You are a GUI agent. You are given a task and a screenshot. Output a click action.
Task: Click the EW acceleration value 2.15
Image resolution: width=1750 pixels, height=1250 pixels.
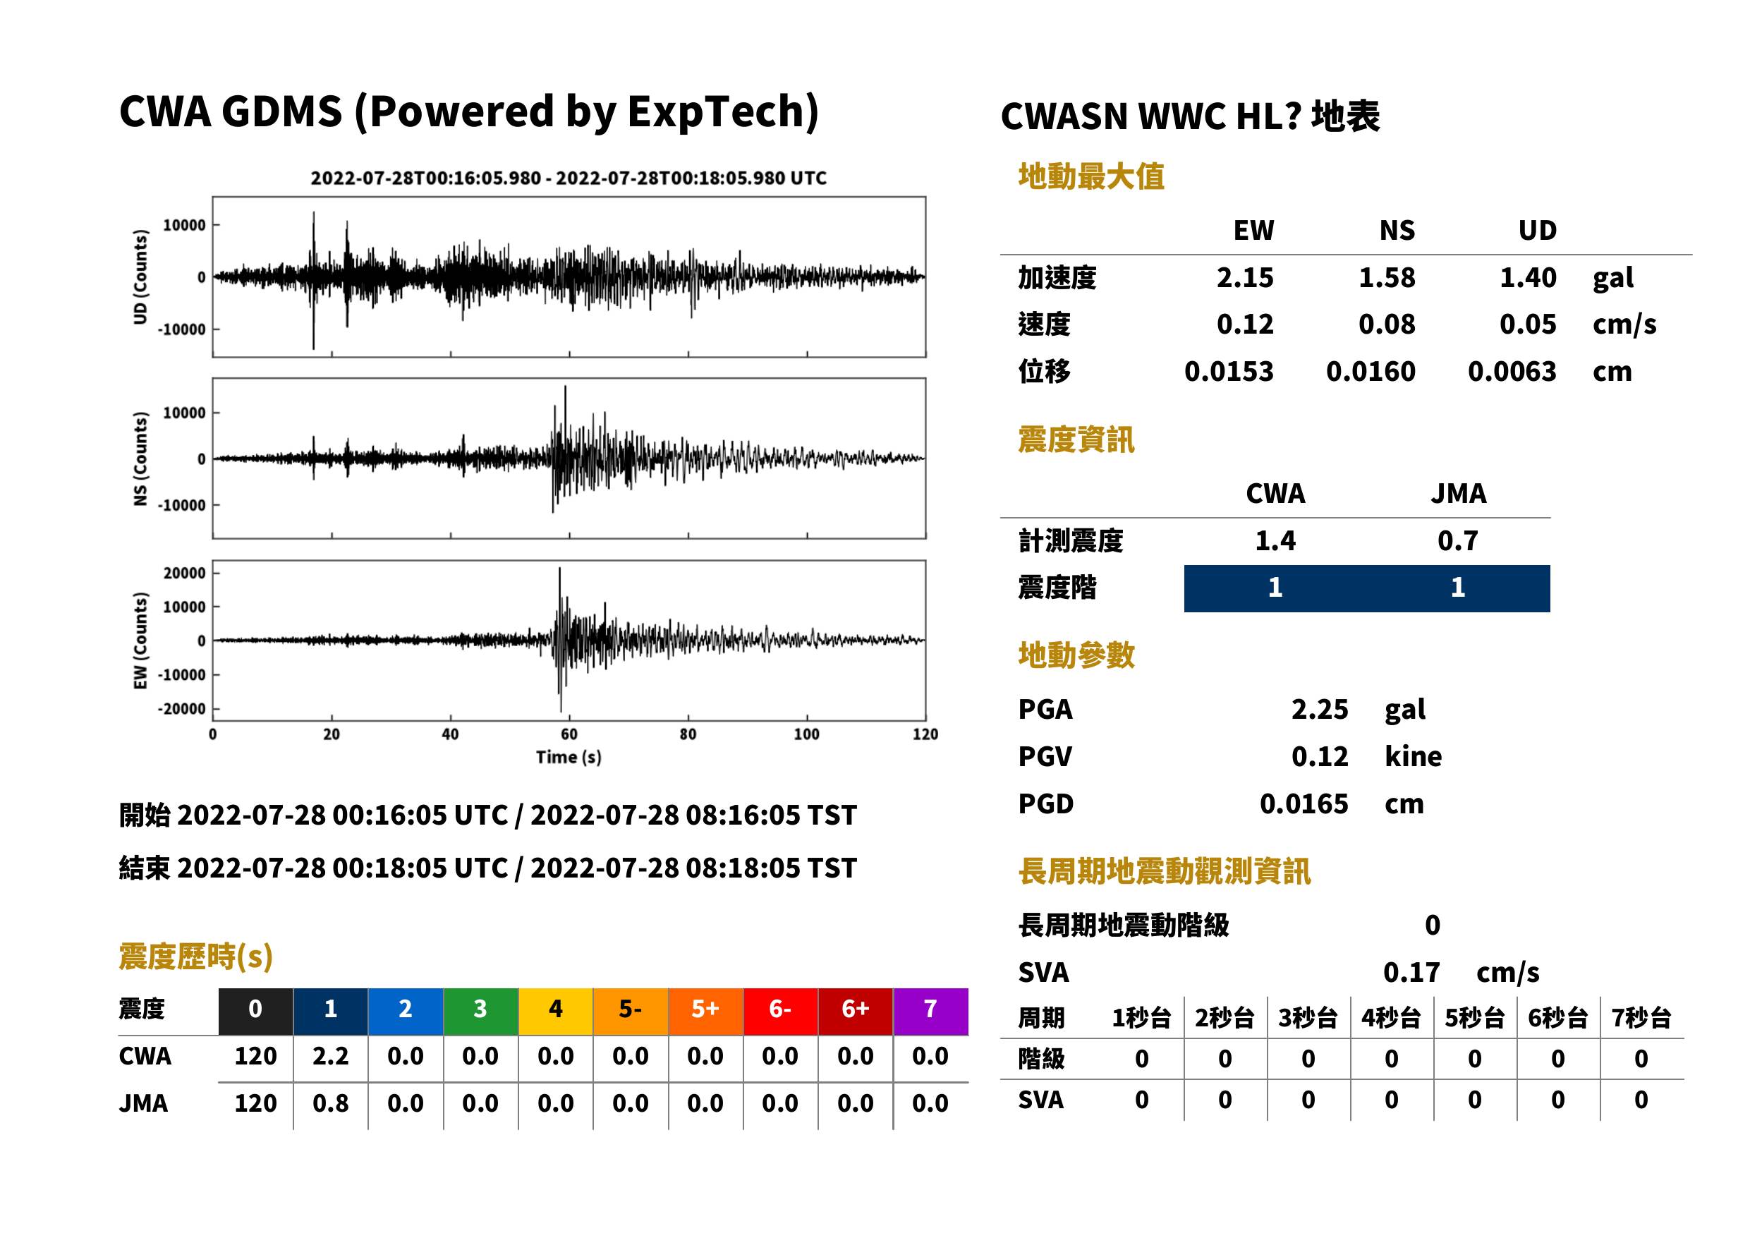[x=1244, y=278]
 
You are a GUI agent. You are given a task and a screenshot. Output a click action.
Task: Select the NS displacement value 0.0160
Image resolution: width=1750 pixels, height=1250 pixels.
[x=1370, y=372]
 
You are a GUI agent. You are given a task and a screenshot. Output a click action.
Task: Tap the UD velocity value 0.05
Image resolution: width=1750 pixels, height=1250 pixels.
[x=1528, y=324]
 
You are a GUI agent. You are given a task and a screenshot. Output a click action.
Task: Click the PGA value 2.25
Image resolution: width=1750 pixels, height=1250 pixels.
[x=1319, y=710]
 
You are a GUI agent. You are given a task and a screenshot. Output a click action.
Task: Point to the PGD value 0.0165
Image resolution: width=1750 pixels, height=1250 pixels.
[x=1304, y=804]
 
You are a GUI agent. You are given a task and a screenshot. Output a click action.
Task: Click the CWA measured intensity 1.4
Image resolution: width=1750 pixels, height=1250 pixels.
[x=1275, y=541]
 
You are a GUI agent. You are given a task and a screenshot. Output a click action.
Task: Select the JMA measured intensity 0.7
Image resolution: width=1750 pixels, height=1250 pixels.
[x=1457, y=541]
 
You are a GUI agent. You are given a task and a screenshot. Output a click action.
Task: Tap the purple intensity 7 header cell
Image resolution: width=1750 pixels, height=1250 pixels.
[x=930, y=1011]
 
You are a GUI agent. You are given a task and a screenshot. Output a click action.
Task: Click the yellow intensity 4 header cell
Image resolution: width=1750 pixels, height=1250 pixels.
[x=556, y=1011]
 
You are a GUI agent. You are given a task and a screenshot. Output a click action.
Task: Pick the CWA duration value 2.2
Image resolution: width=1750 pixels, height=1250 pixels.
[x=330, y=1057]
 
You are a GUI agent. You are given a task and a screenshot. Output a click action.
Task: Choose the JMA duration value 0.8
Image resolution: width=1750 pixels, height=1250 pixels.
[x=330, y=1104]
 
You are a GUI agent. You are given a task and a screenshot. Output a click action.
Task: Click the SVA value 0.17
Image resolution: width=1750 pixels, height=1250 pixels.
[x=1411, y=973]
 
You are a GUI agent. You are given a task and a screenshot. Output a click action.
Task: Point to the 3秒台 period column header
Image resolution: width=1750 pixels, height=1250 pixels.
[x=1308, y=1019]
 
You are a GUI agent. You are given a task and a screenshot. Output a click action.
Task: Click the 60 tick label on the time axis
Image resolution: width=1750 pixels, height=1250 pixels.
[x=569, y=734]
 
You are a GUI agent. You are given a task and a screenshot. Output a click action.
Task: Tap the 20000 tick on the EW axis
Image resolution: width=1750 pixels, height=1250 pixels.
[x=185, y=574]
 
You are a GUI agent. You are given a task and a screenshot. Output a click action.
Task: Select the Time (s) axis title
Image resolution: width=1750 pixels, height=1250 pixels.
[x=569, y=758]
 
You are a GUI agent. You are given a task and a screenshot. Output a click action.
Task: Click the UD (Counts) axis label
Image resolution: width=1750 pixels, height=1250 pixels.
[x=140, y=277]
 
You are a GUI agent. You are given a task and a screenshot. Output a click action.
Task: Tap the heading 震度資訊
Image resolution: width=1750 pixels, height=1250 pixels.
[x=1076, y=440]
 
